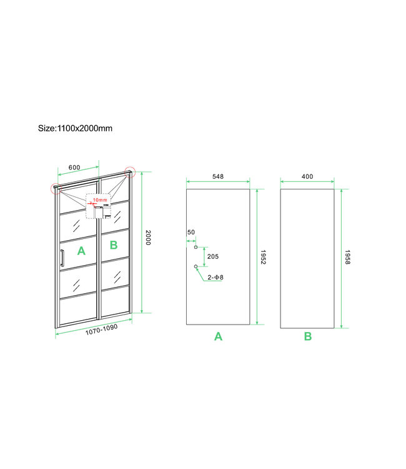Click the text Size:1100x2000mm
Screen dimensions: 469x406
pos(75,128)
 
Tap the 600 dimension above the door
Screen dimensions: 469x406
pos(74,167)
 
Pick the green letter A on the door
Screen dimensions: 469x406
pos(81,251)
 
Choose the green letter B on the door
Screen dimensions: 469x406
pos(114,245)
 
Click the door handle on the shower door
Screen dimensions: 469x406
pos(62,260)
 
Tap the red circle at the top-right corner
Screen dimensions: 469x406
pos(130,171)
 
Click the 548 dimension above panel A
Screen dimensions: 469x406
pos(217,176)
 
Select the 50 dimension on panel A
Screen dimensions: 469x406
pos(191,232)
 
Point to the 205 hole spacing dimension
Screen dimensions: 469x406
pos(212,256)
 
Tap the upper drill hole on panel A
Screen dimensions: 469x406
pos(196,247)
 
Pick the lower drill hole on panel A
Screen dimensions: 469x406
pos(196,266)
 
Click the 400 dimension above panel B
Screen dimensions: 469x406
pos(307,176)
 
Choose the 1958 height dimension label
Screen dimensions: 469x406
pos(348,257)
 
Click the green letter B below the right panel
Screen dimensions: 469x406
pos(308,336)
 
